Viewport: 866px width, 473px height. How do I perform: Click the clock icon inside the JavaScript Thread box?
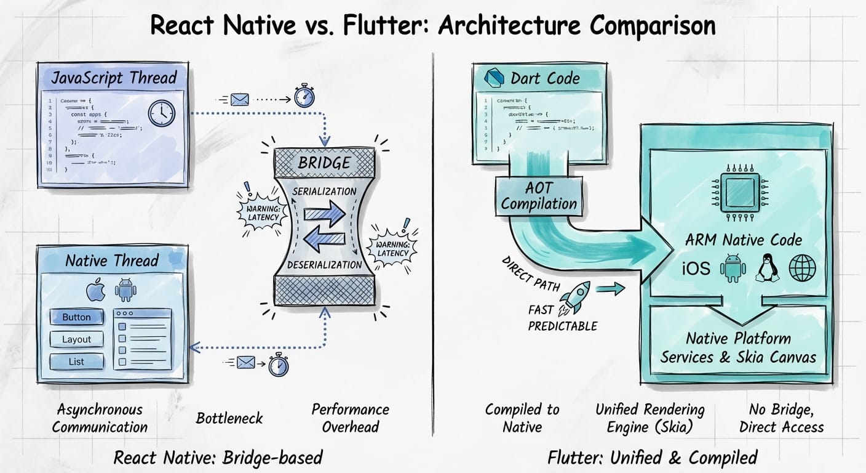pyautogui.click(x=162, y=114)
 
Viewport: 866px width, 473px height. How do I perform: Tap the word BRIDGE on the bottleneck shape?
pyautogui.click(x=324, y=163)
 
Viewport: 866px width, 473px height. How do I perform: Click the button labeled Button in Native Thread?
pyautogui.click(x=76, y=317)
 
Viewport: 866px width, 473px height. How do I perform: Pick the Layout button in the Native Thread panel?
pyautogui.click(x=76, y=339)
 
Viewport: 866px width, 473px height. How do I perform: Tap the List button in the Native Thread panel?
pyautogui.click(x=76, y=362)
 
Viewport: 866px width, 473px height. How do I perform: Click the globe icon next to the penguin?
pyautogui.click(x=803, y=268)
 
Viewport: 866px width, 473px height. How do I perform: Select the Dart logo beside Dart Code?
pyautogui.click(x=495, y=78)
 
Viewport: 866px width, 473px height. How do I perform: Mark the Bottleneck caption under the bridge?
pyautogui.click(x=229, y=418)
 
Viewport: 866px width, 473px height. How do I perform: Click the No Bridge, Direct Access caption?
pyautogui.click(x=781, y=418)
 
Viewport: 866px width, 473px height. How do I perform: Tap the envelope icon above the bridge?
pyautogui.click(x=239, y=99)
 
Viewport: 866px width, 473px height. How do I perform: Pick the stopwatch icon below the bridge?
pyautogui.click(x=279, y=364)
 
